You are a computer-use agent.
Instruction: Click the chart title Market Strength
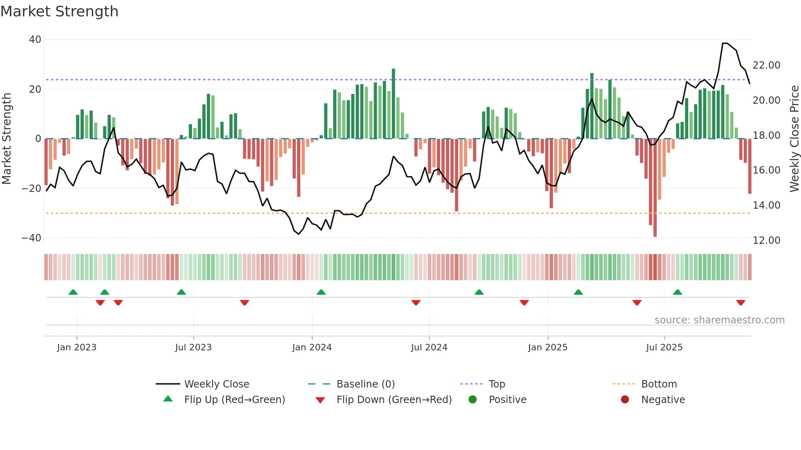[59, 11]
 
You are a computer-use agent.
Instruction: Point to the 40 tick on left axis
[35, 40]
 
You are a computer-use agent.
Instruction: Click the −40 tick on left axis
[31, 238]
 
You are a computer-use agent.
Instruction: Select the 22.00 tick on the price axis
[766, 65]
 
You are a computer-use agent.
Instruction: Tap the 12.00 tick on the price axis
[766, 240]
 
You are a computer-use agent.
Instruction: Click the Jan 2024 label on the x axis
[312, 348]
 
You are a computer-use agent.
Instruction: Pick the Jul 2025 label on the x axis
[664, 348]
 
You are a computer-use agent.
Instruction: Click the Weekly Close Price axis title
[794, 139]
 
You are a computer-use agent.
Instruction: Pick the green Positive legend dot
[472, 400]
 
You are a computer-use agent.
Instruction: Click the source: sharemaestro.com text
[719, 320]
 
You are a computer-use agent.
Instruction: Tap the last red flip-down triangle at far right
[741, 303]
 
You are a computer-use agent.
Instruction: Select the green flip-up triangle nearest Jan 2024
[321, 292]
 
